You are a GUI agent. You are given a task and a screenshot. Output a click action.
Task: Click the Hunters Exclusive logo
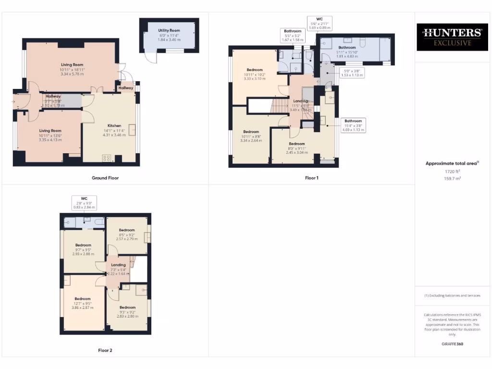point(451,37)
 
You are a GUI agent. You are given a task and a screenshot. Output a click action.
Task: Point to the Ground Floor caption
point(105,178)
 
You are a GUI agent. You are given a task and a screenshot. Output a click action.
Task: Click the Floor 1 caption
point(311,178)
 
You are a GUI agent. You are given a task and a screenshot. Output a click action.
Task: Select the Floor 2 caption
point(105,350)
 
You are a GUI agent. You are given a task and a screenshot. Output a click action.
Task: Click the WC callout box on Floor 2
point(84,202)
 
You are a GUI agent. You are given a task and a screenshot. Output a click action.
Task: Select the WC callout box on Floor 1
point(319,23)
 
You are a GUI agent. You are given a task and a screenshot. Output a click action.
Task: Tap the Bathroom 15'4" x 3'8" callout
point(353,125)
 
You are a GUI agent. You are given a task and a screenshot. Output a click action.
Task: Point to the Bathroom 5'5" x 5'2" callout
point(292,35)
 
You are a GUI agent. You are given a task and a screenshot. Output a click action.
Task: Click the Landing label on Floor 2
point(118,265)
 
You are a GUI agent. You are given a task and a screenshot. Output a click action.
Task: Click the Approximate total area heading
point(452,163)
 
